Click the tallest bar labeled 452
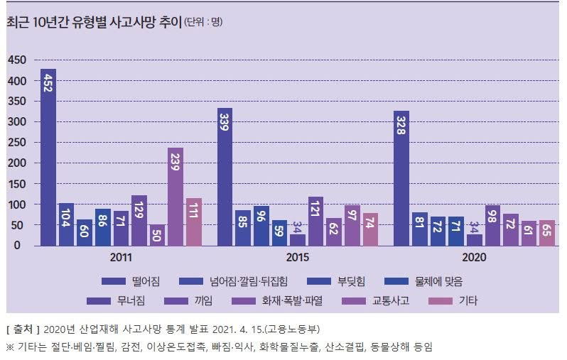tap(48, 158)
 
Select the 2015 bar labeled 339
tap(225, 177)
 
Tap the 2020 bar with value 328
tap(401, 179)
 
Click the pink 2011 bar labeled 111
tap(193, 222)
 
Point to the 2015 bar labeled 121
tap(315, 222)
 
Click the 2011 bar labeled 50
tap(157, 234)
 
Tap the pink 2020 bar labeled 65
tap(546, 233)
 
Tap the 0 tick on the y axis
tap(23, 246)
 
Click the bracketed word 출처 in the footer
tap(23, 329)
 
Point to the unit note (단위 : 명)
tap(203, 22)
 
